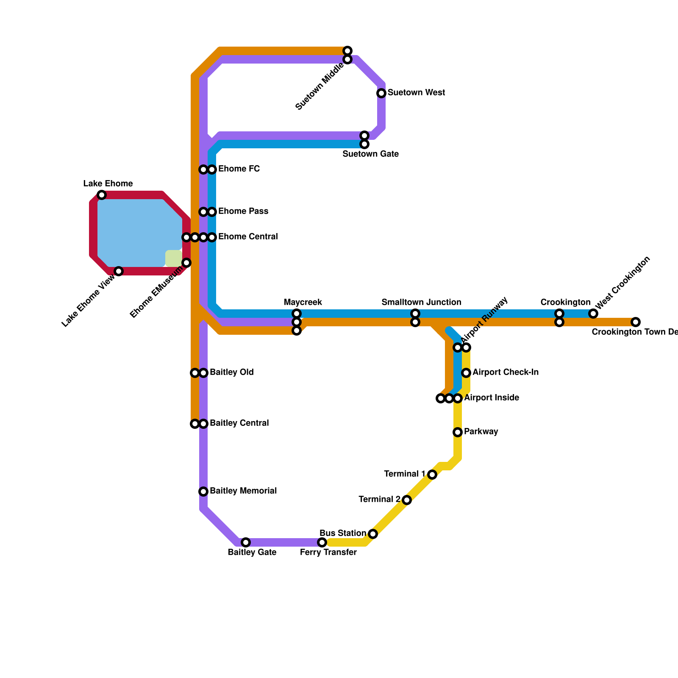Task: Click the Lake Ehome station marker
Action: (102, 195)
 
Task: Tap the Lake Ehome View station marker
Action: (119, 271)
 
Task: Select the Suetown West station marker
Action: (381, 93)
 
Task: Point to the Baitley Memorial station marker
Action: (203, 492)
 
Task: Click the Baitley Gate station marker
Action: (246, 542)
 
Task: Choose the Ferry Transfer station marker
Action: (322, 542)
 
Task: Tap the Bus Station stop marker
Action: (373, 534)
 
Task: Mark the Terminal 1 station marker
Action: (432, 475)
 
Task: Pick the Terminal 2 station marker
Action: (407, 500)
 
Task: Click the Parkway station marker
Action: (458, 432)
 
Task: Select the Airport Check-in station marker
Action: (466, 373)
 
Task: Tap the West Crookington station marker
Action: (593, 314)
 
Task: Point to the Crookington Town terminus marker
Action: (636, 322)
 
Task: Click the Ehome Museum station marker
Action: (186, 263)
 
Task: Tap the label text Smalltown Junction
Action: (421, 303)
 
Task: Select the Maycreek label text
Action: (303, 303)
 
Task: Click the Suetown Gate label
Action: (370, 154)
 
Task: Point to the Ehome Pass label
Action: (243, 211)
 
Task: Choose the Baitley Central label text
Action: (239, 423)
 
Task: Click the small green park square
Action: (173, 258)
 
